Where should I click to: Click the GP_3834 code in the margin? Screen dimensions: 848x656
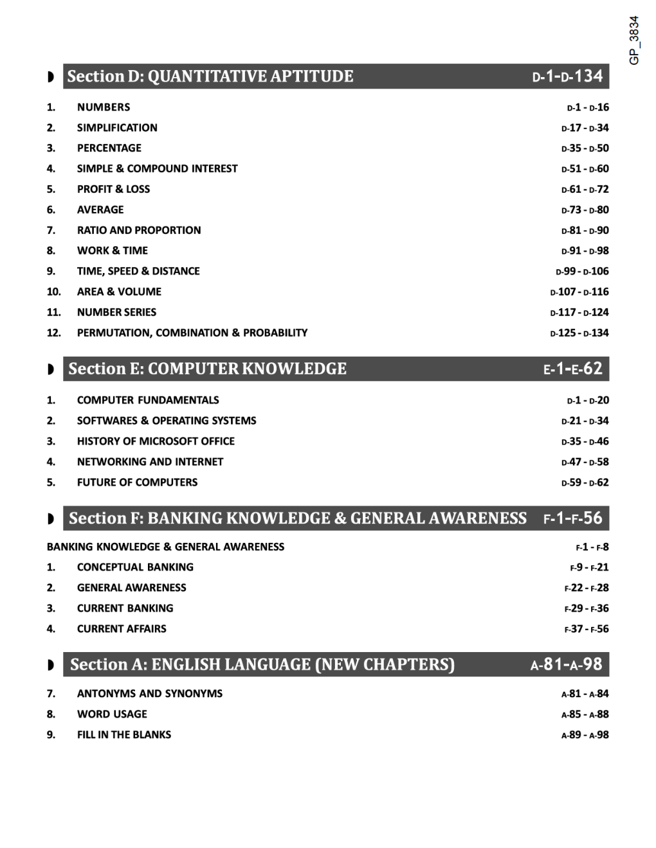[x=634, y=40]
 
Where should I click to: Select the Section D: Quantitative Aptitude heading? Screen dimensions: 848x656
[x=210, y=76]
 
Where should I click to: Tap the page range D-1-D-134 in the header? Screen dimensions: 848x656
[x=567, y=76]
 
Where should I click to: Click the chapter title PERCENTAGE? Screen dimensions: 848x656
[x=109, y=148]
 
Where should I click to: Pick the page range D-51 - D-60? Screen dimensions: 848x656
[x=585, y=169]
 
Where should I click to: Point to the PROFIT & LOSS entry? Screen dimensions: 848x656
[x=113, y=190]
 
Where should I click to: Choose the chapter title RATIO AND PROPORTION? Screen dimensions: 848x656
[x=139, y=231]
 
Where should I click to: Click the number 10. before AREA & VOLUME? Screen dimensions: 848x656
[x=53, y=292]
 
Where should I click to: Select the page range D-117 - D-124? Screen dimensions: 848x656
[x=579, y=312]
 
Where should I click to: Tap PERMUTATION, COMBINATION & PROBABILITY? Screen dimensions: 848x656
[x=192, y=333]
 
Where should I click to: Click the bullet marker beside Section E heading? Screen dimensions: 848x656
[x=51, y=369]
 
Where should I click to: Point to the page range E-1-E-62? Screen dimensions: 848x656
[x=572, y=369]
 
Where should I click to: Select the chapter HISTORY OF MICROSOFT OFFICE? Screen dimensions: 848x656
[x=156, y=441]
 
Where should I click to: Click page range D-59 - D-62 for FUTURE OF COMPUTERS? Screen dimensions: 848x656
[x=585, y=482]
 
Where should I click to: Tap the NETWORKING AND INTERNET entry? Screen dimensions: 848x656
[x=150, y=462]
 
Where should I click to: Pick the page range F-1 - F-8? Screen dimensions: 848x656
[x=592, y=547]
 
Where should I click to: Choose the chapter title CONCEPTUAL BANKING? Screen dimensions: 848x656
[x=135, y=567]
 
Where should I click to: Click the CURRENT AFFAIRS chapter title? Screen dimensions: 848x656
[x=122, y=629]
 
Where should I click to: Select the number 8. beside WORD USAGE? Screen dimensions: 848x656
[x=51, y=714]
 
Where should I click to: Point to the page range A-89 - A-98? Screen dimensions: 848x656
[x=585, y=735]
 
